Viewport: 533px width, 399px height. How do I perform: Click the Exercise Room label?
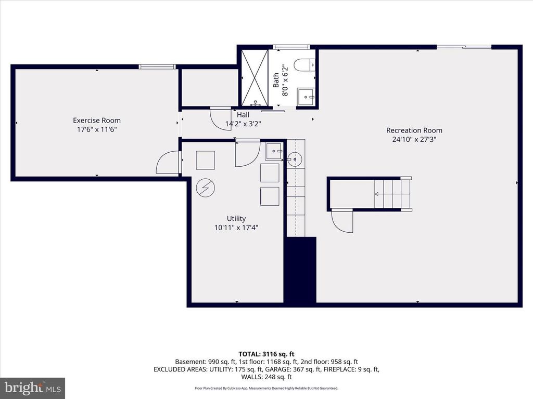[x=96, y=121]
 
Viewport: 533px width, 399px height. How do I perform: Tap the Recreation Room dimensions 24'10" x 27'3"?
[x=414, y=139]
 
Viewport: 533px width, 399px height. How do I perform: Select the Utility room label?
[x=236, y=219]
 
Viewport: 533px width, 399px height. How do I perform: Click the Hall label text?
[x=243, y=115]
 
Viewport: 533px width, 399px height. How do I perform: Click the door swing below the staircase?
[x=342, y=220]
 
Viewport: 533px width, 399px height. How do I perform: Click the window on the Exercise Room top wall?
[x=157, y=66]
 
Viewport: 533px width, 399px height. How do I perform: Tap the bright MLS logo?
[x=32, y=388]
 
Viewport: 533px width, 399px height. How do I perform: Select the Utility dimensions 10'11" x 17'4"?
[x=236, y=228]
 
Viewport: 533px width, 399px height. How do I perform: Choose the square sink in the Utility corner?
[x=274, y=151]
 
